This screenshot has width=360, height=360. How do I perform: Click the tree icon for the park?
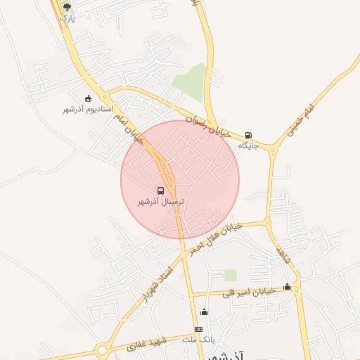[67, 7]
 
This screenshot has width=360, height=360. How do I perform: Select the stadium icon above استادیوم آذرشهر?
[88, 98]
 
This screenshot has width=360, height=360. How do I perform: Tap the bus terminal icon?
[161, 191]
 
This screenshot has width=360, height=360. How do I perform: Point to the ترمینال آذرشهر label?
[161, 202]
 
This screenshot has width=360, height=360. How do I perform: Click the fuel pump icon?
[248, 135]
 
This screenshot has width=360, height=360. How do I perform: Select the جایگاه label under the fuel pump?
[249, 146]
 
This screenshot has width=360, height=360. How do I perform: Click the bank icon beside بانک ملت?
[198, 329]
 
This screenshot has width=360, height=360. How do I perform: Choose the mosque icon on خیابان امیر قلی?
[287, 286]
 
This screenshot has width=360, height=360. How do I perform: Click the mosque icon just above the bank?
[205, 311]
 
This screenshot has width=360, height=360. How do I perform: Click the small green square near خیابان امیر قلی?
[231, 275]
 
